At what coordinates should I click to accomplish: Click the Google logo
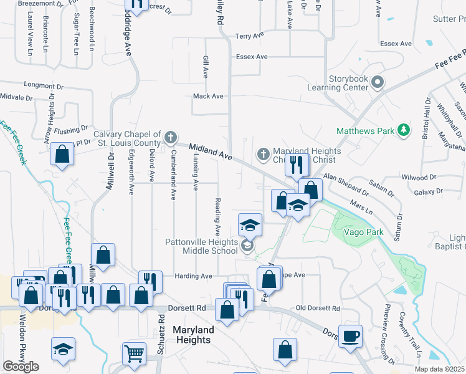pos(21,367)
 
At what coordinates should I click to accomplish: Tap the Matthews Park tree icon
pos(405,130)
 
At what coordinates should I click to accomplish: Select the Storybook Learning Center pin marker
pos(377,82)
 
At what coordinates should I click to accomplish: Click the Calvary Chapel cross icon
pos(171,137)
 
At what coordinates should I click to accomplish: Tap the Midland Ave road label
pos(211,153)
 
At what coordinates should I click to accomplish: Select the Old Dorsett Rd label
pos(318,309)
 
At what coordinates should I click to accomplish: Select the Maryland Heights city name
pos(193,334)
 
